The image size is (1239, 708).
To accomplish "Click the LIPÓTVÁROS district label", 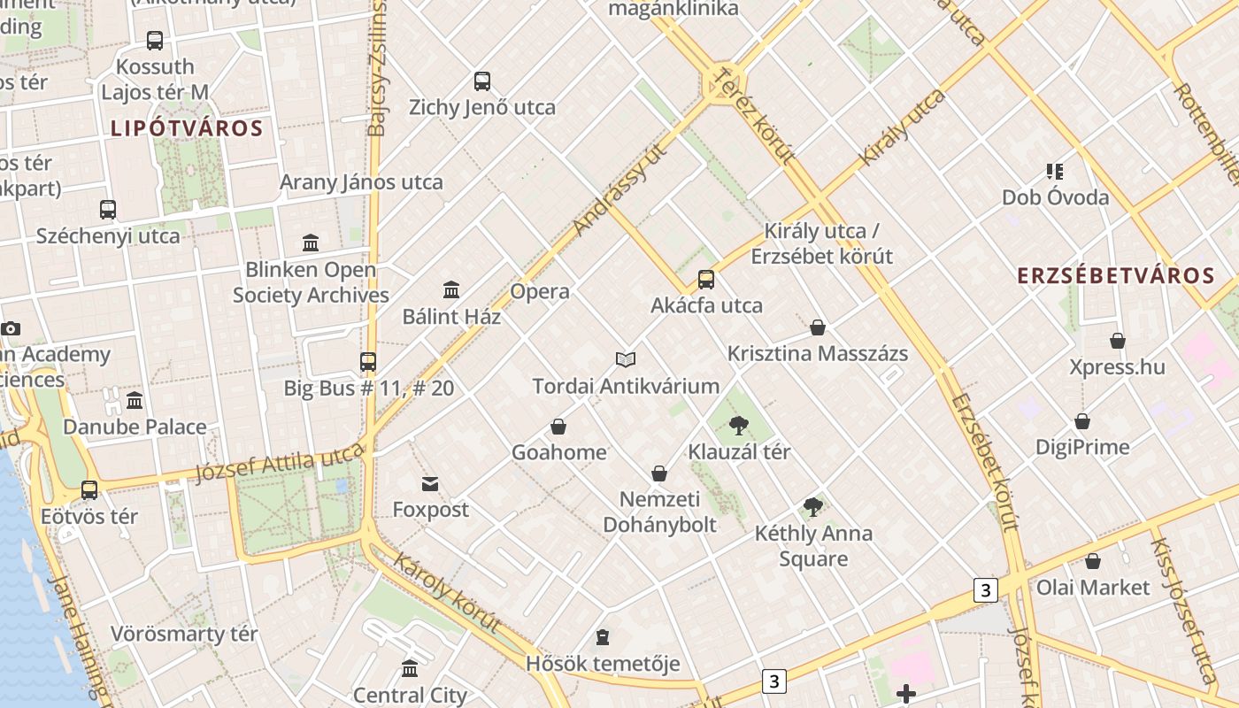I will coord(187,128).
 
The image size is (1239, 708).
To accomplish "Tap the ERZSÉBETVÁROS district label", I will coord(1116,275).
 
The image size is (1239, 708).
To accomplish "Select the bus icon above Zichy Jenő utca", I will coord(482,81).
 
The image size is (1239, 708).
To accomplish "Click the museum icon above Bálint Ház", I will coord(451,289).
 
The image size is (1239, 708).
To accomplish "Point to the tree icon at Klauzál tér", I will coord(739,426).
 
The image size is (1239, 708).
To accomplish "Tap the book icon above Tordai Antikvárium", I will coord(626,359).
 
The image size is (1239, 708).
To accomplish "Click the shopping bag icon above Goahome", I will coord(558,427).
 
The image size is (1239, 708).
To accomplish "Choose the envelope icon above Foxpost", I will coord(430,483).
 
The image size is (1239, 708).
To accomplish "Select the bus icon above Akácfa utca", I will coord(706,280).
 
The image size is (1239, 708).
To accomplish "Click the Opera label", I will coord(540,291).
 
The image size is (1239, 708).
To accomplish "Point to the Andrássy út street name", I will coord(619,189).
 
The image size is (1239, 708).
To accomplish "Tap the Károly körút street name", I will coord(447,593).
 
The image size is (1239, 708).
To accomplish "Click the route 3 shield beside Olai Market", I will coord(985,589).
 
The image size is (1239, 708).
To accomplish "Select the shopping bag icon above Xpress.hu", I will coord(1118,341).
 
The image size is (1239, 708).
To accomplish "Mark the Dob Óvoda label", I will coord(1055,196).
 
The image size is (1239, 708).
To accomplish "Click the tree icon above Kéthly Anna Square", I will coord(813,507).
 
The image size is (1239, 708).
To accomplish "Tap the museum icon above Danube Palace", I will coord(135,401).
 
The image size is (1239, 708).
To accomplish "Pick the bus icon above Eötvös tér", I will coord(89,489).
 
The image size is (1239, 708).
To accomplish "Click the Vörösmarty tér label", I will coord(184,634).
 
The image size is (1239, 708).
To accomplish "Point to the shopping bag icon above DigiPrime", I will coord(1082,421).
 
